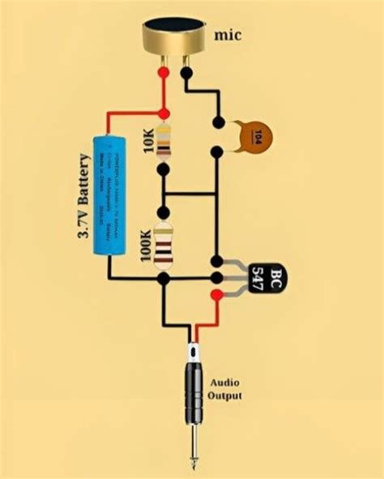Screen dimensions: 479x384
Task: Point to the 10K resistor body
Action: (164, 143)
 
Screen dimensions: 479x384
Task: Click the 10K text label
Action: (150, 143)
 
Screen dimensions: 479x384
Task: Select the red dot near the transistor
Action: (216, 294)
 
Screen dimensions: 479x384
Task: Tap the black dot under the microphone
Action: (187, 73)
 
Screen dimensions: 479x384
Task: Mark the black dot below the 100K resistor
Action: (164, 278)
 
